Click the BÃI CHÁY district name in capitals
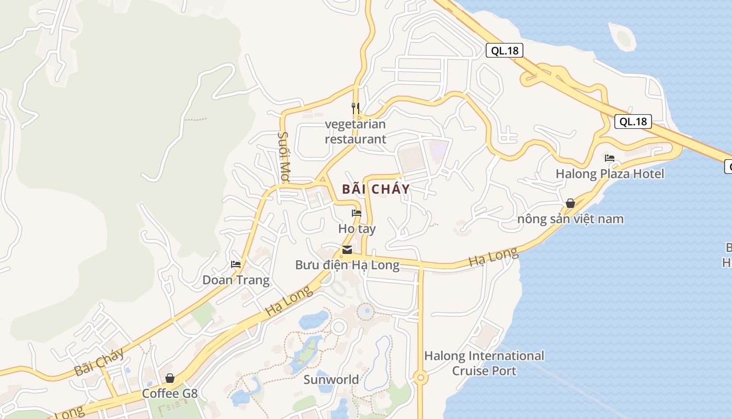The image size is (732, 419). click(x=376, y=189)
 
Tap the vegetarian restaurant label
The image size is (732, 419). click(x=356, y=131)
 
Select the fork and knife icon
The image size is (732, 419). click(x=356, y=108)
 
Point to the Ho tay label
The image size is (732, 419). click(x=357, y=229)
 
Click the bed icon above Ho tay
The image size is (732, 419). click(x=357, y=213)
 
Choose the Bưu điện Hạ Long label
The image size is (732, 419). click(x=347, y=265)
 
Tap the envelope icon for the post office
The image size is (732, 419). click(x=347, y=250)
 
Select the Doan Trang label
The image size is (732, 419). click(x=236, y=280)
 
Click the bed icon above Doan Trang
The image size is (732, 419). click(x=236, y=264)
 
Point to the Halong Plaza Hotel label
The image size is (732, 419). click(x=610, y=174)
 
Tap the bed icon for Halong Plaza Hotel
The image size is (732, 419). click(x=610, y=158)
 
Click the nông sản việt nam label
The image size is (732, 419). click(x=570, y=219)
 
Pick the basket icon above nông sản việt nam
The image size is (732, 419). click(x=570, y=203)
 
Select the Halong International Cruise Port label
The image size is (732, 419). click(x=484, y=363)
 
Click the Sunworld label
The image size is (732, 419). click(x=331, y=380)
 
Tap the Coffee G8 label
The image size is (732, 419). click(x=170, y=393)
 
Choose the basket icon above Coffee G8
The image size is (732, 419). click(x=170, y=378)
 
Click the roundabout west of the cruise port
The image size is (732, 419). click(x=420, y=377)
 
